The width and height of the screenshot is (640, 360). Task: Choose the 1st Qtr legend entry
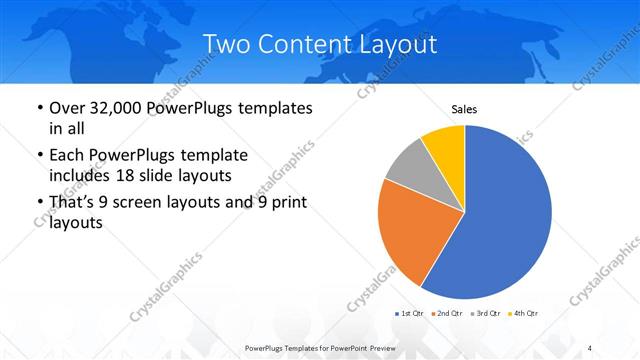pos(409,314)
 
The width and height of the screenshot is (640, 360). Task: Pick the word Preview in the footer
pos(394,347)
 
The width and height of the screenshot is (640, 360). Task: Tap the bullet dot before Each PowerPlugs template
pos(38,156)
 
